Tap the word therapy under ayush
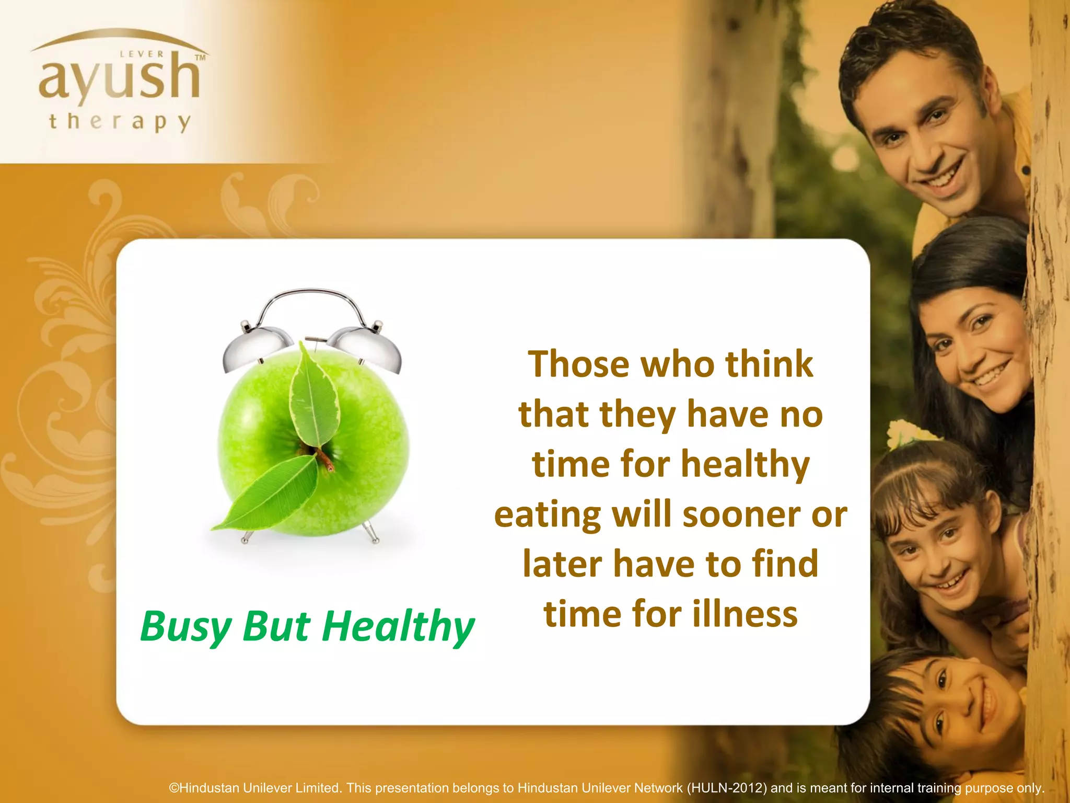coord(120,122)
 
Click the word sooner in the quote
coord(742,515)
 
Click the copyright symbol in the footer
coord(174,788)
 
